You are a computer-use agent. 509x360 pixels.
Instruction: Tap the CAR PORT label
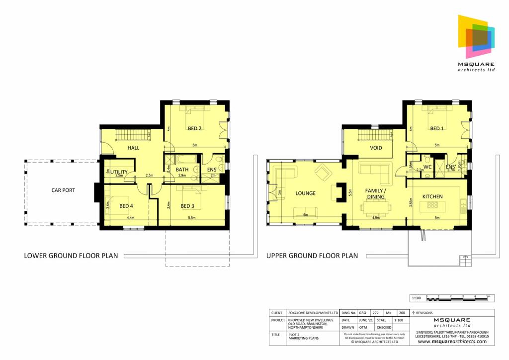63,190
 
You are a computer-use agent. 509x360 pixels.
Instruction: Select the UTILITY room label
119,172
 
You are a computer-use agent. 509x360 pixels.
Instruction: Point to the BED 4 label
126,206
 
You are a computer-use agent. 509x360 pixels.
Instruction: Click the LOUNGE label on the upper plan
305,193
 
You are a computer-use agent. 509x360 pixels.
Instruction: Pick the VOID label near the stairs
376,148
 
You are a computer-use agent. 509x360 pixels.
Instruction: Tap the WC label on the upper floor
427,167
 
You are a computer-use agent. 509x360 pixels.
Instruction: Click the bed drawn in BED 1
436,115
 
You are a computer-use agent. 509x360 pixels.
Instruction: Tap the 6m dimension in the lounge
306,215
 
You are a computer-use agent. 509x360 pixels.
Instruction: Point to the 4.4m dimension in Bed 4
131,218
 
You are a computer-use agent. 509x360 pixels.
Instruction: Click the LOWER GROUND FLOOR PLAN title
71,256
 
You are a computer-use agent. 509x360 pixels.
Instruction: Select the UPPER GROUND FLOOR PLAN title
312,256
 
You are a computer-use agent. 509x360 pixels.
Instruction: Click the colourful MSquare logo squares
476,36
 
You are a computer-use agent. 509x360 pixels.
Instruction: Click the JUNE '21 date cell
365,320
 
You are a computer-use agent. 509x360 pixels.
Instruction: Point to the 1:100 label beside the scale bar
417,298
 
